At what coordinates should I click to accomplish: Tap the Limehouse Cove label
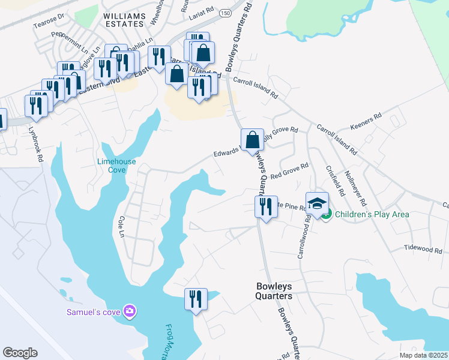coord(116,166)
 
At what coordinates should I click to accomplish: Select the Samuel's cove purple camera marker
coord(129,311)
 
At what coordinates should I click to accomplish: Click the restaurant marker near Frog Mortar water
coord(196,299)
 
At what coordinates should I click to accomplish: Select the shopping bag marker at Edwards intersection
coord(253,140)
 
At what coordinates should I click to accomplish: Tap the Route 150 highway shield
coord(225,13)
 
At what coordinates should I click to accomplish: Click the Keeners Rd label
coord(365,122)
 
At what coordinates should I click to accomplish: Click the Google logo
coord(20,353)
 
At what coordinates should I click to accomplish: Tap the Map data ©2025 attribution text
coord(423,355)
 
